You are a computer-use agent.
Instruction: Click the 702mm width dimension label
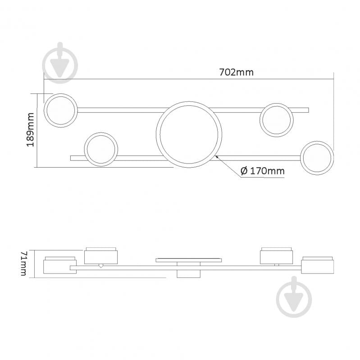237,73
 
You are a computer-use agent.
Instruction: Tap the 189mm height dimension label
30,130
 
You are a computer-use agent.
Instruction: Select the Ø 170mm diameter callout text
262,171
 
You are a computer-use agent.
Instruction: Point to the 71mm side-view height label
24,264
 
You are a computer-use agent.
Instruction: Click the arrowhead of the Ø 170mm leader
216,157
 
